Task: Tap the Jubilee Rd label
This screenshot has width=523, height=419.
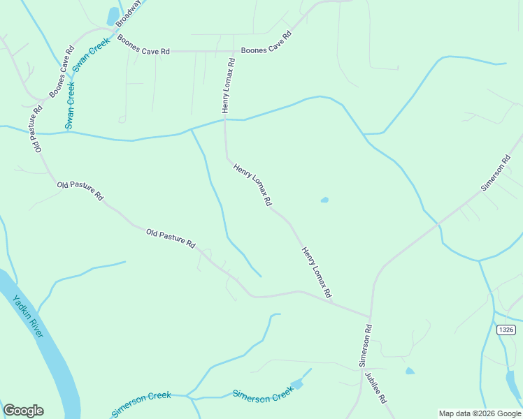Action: point(375,388)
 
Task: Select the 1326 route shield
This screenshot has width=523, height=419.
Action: point(506,329)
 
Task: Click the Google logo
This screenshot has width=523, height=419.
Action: point(23,411)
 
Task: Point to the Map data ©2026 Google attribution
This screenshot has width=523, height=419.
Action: point(480,413)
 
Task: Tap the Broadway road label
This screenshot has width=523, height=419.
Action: point(129,13)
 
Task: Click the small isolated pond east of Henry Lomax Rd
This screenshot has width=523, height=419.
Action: point(324,200)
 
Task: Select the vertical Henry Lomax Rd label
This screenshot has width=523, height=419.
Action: point(228,86)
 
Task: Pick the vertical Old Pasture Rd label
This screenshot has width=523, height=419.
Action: point(36,128)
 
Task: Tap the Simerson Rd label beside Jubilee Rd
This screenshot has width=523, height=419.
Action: point(364,345)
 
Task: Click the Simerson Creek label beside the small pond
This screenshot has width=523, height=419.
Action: point(262,396)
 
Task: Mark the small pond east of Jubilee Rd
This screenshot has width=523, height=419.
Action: point(410,371)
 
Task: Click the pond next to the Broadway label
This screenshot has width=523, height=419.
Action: point(113,16)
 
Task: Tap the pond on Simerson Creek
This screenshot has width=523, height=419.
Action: point(298,384)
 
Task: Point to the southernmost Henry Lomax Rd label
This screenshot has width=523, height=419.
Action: point(315,272)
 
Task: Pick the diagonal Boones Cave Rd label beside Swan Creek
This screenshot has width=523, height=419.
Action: point(62,73)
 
